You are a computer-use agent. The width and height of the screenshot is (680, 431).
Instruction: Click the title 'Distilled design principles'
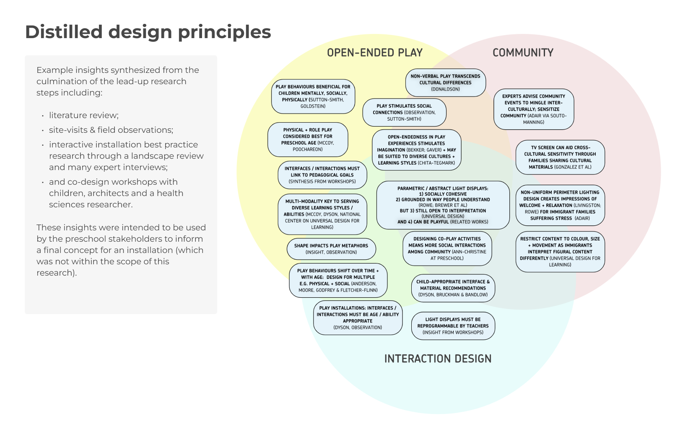click(x=148, y=32)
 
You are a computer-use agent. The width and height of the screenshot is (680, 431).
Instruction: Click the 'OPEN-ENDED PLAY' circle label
click(x=374, y=53)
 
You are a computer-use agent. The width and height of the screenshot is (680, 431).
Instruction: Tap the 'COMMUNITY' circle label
click(x=523, y=53)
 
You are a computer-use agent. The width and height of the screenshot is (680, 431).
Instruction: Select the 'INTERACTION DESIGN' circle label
click(x=438, y=359)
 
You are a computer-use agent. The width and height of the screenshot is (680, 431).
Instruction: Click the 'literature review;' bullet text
click(x=84, y=115)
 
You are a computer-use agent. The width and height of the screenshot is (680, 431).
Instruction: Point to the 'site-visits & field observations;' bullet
click(x=111, y=130)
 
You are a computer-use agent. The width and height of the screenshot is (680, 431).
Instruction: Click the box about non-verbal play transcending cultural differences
click(x=445, y=83)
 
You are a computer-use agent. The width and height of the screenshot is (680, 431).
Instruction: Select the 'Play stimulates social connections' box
click(x=404, y=112)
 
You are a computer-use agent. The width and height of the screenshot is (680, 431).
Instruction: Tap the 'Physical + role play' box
click(x=308, y=139)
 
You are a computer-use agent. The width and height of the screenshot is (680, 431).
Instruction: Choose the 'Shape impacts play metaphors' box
click(x=331, y=249)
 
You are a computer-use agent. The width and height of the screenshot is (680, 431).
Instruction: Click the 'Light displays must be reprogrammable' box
click(x=453, y=325)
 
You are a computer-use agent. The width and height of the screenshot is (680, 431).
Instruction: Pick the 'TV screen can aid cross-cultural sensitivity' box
click(x=560, y=157)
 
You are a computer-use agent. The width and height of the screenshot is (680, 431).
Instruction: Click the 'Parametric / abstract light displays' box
click(x=443, y=205)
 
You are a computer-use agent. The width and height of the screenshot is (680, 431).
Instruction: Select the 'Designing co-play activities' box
click(x=447, y=248)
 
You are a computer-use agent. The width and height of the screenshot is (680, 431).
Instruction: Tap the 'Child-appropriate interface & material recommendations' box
click(x=453, y=288)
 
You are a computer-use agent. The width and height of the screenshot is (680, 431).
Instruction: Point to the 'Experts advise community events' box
click(x=533, y=109)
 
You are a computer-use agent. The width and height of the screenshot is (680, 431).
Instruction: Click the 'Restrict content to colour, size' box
click(x=560, y=251)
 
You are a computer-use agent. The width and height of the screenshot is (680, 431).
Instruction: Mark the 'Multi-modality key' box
click(x=322, y=214)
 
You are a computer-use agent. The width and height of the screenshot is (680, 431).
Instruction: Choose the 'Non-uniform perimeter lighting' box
click(x=560, y=205)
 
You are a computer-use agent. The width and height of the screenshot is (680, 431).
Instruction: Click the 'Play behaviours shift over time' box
click(x=338, y=280)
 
